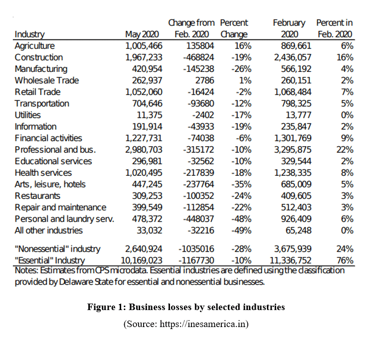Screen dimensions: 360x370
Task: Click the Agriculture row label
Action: pyautogui.click(x=35, y=46)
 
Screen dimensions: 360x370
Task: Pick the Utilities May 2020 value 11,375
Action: pyautogui.click(x=148, y=115)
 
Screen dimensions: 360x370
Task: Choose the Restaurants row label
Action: pyautogui.click(x=37, y=196)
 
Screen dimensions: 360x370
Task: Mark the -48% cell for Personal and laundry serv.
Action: pyautogui.click(x=241, y=219)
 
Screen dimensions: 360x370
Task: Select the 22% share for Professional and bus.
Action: pyautogui.click(x=345, y=149)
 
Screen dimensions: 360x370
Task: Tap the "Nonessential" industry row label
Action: pyautogui.click(x=57, y=249)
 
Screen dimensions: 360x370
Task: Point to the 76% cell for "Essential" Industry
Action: pyautogui.click(x=345, y=260)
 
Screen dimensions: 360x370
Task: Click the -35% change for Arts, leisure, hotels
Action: pyautogui.click(x=241, y=184)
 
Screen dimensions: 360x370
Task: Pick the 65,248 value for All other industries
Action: pyautogui.click(x=298, y=230)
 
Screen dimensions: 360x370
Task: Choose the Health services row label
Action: pyautogui.click(x=43, y=173)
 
